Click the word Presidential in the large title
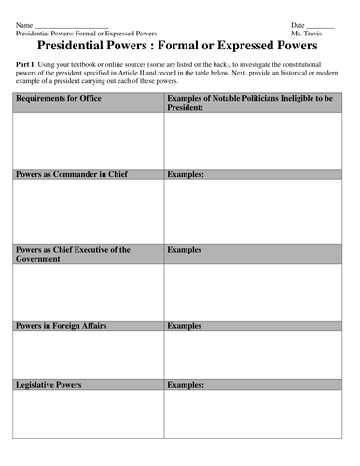pos(79,45)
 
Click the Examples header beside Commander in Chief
pos(187,174)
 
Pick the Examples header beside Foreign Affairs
pos(185,326)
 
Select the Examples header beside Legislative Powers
pos(187,384)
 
